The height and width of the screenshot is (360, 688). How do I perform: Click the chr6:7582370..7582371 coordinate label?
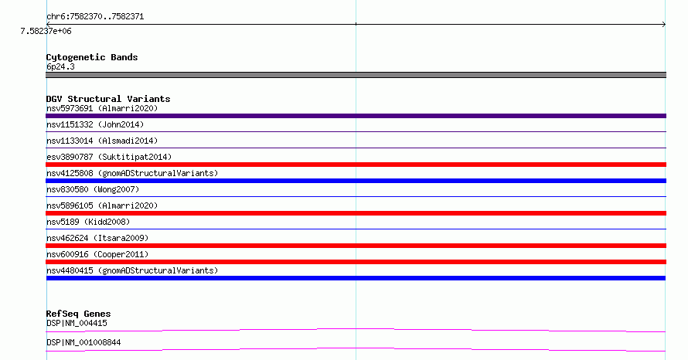[x=95, y=17]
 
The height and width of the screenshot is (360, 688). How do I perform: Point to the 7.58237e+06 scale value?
[x=46, y=31]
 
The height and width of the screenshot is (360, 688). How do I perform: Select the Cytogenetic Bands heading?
[x=92, y=57]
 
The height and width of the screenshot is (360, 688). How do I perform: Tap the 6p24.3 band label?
[x=60, y=66]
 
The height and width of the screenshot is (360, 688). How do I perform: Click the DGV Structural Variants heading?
[x=108, y=99]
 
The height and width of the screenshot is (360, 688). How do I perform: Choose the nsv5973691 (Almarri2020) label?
[x=102, y=108]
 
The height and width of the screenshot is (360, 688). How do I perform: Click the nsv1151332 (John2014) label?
[x=95, y=124]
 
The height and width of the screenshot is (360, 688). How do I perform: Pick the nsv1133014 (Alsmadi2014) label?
[x=102, y=141]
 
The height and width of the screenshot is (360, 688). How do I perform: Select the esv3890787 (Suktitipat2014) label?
[x=109, y=157]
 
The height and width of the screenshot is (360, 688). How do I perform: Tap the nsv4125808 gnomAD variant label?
[x=132, y=173]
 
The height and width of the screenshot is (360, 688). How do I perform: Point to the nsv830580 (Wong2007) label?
[x=93, y=189]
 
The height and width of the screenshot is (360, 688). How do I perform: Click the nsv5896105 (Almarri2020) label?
[x=102, y=205]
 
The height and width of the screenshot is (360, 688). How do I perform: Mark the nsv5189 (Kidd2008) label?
[x=88, y=222]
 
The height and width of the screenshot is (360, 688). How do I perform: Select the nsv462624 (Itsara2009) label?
[x=97, y=238]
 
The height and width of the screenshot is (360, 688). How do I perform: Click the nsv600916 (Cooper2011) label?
[x=97, y=254]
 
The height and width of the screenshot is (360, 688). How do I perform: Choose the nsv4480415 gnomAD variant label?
[x=132, y=270]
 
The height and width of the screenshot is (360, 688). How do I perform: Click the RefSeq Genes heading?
[x=78, y=314]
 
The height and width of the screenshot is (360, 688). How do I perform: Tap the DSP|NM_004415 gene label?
[x=77, y=323]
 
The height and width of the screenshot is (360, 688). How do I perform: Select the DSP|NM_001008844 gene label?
[x=83, y=342]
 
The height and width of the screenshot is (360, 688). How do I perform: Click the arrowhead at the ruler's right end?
[x=664, y=25]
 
